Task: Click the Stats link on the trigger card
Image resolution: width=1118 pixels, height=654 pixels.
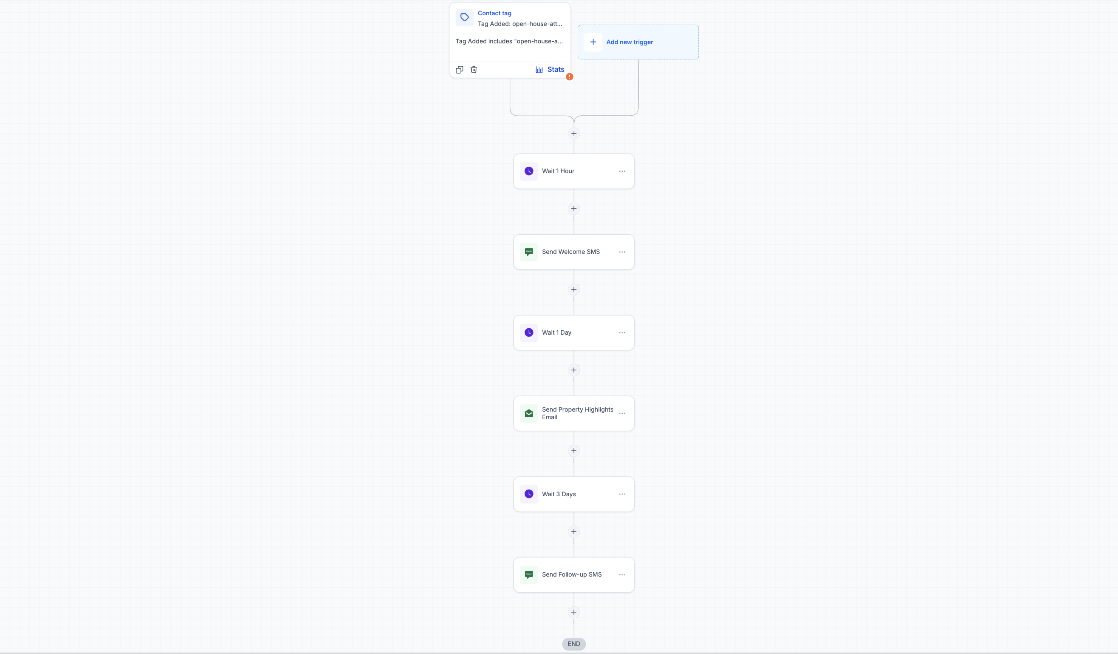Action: point(550,70)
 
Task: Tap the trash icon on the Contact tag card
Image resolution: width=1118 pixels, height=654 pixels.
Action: point(474,70)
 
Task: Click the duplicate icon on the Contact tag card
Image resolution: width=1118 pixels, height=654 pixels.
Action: point(460,70)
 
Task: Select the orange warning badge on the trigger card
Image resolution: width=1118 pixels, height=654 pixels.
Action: point(570,77)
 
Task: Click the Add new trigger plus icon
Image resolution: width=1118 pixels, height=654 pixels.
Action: point(593,42)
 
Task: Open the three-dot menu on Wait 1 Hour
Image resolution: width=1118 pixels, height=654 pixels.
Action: point(622,171)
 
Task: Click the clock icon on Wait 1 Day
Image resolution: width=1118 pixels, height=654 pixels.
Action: point(529,333)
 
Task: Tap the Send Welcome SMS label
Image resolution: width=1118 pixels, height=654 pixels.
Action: point(571,252)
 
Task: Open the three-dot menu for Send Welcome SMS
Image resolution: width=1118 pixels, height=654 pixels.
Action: point(622,252)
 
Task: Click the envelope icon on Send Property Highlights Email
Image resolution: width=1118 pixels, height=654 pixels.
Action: point(529,413)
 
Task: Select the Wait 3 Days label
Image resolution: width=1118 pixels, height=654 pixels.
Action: point(559,494)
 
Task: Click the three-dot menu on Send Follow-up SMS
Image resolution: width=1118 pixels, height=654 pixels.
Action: point(622,575)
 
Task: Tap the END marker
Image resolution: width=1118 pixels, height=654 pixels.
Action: point(573,644)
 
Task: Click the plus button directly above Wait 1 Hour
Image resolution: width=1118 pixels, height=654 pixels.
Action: point(573,134)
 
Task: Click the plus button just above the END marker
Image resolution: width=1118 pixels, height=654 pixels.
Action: point(573,612)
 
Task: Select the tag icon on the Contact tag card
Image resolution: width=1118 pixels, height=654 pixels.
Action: point(465,17)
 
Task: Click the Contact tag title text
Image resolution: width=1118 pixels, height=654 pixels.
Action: point(494,13)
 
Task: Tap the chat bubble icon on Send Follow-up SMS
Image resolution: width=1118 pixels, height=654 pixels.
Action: point(529,575)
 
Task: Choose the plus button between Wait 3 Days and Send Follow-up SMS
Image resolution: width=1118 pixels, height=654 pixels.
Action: point(573,532)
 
